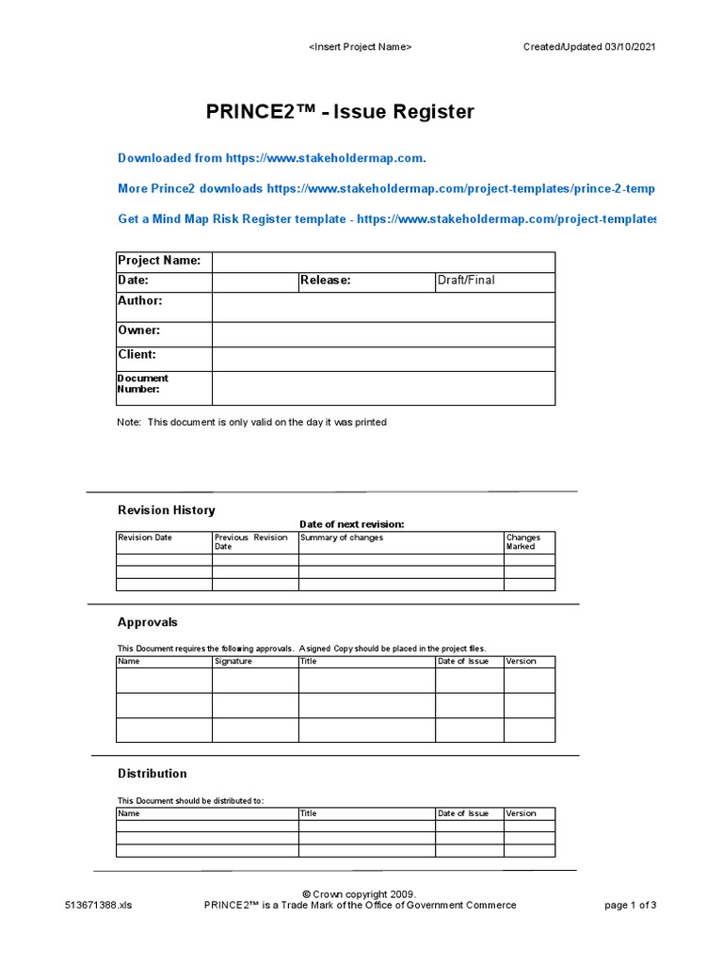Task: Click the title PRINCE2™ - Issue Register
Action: pos(340,113)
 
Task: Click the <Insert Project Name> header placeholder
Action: pos(361,47)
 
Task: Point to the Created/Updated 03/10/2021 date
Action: pos(589,47)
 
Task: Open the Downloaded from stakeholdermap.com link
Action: pos(278,158)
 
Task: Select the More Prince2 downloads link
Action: pos(386,188)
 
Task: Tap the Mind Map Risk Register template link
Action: pos(386,218)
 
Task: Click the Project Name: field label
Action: pos(159,261)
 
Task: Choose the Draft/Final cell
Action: pos(466,281)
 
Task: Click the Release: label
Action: pos(326,281)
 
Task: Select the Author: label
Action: pos(140,301)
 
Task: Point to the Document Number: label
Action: pos(143,383)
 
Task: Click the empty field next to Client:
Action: pos(383,359)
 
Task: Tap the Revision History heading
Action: pos(166,510)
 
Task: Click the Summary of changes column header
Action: pos(342,538)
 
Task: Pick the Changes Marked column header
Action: pos(523,542)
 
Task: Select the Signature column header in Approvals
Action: pos(233,661)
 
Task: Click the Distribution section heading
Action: pos(152,773)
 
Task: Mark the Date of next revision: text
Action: pos(352,524)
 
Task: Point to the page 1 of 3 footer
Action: pos(630,906)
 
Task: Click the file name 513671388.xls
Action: pos(99,906)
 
